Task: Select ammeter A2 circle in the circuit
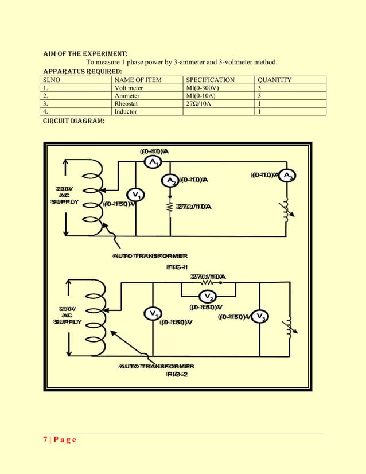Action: (x=171, y=181)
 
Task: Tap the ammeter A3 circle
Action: (x=288, y=176)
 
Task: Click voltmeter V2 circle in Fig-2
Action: (x=208, y=296)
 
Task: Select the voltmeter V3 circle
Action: (x=260, y=317)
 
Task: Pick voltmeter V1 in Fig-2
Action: (x=152, y=314)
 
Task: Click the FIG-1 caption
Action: (x=177, y=267)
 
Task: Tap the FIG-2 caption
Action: (x=177, y=374)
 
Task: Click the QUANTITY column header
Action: (x=275, y=80)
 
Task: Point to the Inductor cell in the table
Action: (x=126, y=112)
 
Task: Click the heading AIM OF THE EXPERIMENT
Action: (x=81, y=53)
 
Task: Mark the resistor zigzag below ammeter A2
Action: (x=170, y=207)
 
